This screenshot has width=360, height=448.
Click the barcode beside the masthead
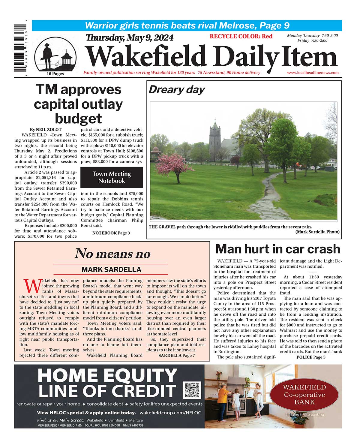20,48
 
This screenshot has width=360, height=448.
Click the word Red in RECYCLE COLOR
267,36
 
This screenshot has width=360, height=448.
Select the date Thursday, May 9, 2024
130,38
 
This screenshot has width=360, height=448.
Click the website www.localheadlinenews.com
313,73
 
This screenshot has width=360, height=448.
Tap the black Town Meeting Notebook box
112,177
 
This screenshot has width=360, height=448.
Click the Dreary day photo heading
176,90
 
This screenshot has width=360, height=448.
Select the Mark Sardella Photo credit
317,232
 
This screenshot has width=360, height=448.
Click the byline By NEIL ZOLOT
46,130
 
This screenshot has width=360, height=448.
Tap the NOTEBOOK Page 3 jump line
111,233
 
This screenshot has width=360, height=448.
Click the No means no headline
112,254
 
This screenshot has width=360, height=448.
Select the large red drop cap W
32,286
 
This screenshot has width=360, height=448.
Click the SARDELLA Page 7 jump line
176,356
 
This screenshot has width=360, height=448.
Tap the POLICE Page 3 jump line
311,357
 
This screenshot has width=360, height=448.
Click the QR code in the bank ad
192,390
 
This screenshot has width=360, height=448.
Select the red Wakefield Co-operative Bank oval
304,395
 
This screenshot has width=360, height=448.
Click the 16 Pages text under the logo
55,74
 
